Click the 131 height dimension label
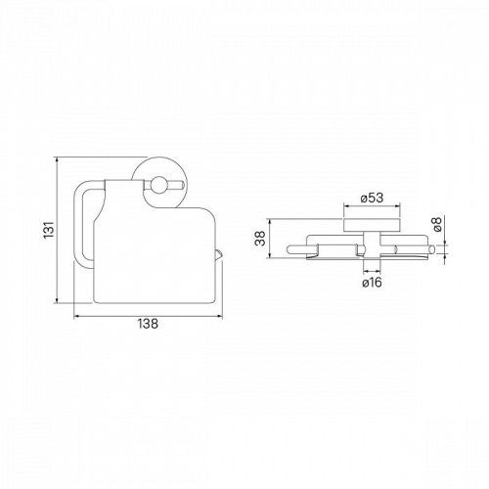pos(49,230)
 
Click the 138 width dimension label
pos(148,324)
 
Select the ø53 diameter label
pos(372,198)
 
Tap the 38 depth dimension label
pos(260,239)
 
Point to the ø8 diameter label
pos(437,224)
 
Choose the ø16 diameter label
pos(372,283)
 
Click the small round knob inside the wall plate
pos(159,185)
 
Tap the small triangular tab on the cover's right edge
pos(219,254)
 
